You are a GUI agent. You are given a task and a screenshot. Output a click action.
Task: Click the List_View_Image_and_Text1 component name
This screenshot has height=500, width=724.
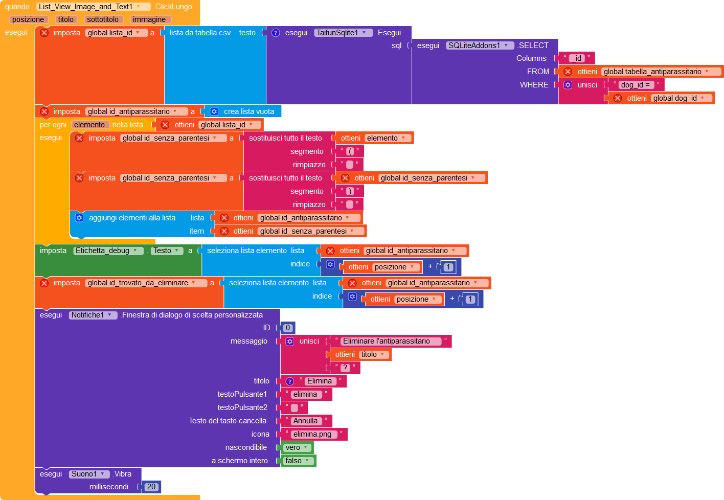point(86,7)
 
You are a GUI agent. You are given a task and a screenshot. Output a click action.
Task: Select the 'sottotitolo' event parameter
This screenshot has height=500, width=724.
point(103,19)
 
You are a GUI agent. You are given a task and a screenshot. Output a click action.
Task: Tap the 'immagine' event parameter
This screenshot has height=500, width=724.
point(149,19)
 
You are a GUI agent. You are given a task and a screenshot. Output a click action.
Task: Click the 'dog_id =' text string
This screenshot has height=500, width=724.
point(636,85)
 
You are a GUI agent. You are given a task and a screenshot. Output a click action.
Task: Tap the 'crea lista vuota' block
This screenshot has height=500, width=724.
point(248,111)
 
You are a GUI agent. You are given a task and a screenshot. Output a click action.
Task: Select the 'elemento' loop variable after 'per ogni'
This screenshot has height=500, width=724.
point(89,125)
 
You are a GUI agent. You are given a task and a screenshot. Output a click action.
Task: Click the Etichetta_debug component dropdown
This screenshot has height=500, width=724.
point(108,251)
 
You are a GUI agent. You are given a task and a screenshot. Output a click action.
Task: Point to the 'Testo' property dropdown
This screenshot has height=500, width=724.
point(167,251)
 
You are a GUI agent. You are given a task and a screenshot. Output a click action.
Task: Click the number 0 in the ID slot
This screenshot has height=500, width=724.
point(288,328)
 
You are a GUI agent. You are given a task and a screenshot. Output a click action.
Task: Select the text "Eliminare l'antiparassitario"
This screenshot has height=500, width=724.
point(387,341)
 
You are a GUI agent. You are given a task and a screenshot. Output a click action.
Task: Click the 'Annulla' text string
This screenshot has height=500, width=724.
point(305,421)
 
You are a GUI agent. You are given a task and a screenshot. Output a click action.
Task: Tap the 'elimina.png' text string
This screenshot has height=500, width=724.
point(312,434)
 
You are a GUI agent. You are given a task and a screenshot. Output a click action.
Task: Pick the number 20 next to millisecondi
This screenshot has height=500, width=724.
point(151,487)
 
